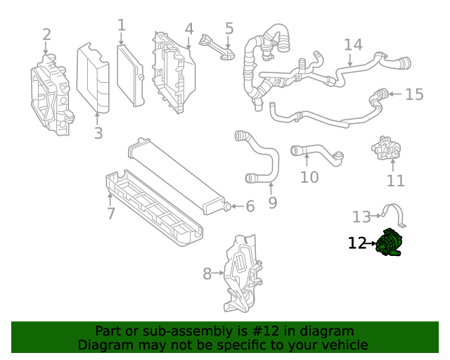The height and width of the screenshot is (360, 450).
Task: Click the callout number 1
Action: coord(122,26)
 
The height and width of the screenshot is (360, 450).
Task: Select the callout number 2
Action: coord(46,34)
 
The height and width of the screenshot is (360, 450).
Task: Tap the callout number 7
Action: coord(111,213)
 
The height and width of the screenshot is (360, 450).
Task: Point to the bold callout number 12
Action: coord(357,243)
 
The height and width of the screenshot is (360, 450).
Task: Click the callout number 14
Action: coord(353,45)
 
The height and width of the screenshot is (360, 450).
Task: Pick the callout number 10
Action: coord(309,177)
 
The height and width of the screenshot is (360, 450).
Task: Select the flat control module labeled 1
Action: coord(130,75)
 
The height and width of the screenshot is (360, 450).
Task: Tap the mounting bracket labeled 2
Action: coord(51,94)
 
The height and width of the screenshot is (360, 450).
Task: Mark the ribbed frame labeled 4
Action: coord(172,70)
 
